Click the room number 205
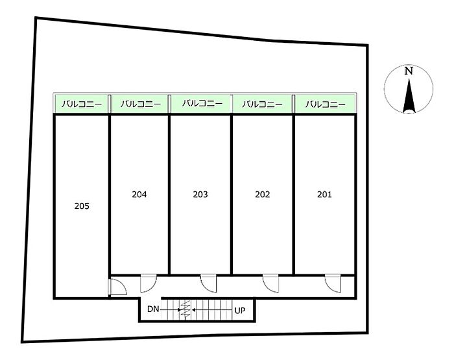[82, 206]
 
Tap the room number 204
[139, 195]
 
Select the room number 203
[200, 195]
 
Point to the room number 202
[263, 195]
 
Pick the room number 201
[324, 195]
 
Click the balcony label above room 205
[82, 104]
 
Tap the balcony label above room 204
[141, 104]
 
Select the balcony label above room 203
[202, 103]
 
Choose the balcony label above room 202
[262, 104]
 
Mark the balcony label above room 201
[326, 104]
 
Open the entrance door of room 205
[118, 287]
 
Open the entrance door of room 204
[149, 283]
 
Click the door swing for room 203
[209, 283]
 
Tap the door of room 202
[271, 283]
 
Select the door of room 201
[333, 283]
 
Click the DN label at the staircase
[153, 309]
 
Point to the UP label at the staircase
[240, 311]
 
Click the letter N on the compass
[409, 71]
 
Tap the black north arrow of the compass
[409, 96]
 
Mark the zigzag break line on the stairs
[185, 309]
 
